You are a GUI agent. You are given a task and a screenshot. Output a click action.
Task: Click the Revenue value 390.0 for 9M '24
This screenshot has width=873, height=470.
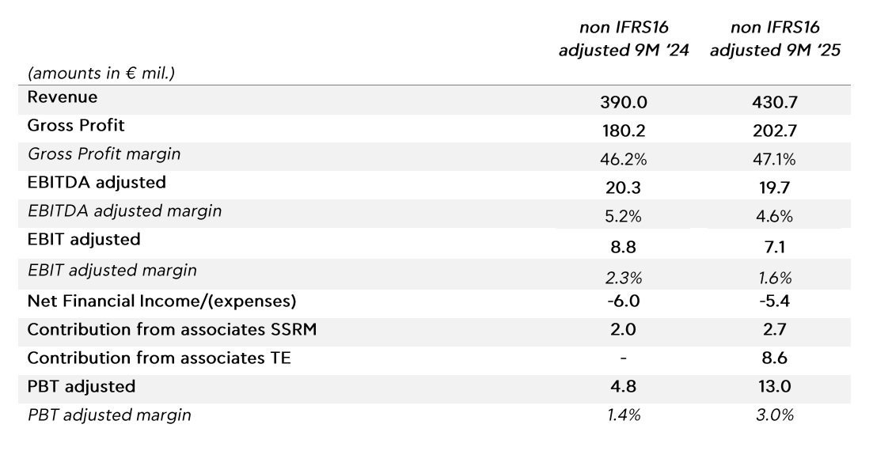pyautogui.click(x=624, y=102)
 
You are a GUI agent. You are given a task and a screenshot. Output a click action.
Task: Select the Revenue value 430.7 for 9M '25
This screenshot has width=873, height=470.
pyautogui.click(x=775, y=102)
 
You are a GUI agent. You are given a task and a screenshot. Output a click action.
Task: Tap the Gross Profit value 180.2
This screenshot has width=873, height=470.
pyautogui.click(x=624, y=131)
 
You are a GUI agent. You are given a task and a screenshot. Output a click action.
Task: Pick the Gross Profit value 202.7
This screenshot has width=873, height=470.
pyautogui.click(x=775, y=131)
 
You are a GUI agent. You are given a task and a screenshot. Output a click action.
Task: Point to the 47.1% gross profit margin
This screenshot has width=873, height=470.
pyautogui.click(x=775, y=159)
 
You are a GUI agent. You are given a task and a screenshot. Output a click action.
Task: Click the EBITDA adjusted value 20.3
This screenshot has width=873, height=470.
pyautogui.click(x=624, y=188)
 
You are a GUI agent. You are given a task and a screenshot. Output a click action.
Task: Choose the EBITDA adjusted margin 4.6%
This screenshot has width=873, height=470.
pyautogui.click(x=775, y=216)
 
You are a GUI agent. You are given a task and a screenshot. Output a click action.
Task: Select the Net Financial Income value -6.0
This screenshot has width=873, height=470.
pyautogui.click(x=624, y=301)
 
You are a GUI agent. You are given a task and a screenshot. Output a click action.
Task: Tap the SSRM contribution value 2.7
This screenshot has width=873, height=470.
pyautogui.click(x=775, y=330)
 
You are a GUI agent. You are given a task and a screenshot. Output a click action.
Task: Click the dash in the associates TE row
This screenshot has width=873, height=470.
pyautogui.click(x=624, y=358)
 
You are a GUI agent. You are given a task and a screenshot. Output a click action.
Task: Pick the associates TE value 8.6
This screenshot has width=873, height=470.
pyautogui.click(x=775, y=358)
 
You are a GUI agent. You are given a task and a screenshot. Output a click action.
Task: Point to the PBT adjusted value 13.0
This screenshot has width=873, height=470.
pyautogui.click(x=775, y=387)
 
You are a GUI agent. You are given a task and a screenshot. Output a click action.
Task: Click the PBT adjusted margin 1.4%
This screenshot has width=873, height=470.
pyautogui.click(x=624, y=415)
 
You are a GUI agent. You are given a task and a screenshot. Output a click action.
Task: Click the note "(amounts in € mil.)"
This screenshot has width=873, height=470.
pyautogui.click(x=101, y=74)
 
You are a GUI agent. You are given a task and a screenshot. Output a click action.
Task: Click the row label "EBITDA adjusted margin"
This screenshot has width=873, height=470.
pyautogui.click(x=124, y=210)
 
